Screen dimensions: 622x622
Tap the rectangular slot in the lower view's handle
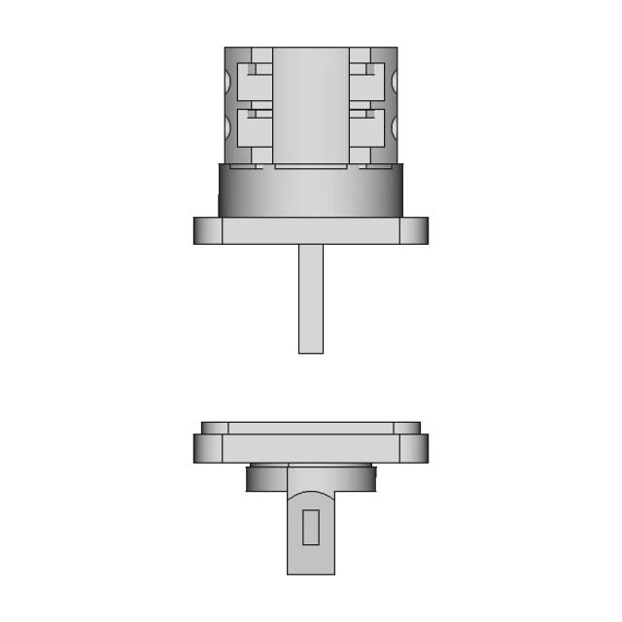(x=310, y=527)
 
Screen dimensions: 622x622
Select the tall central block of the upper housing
(x=310, y=105)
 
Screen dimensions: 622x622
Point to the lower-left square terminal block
(x=255, y=129)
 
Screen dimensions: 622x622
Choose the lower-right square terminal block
(x=366, y=129)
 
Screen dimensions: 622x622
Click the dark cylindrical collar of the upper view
(x=310, y=190)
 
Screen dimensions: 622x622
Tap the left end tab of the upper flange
(x=207, y=230)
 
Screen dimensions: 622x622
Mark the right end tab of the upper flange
(x=414, y=230)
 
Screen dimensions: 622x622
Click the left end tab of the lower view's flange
(x=207, y=448)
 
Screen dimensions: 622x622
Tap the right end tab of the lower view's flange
(x=414, y=448)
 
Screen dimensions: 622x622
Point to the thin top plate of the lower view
(x=310, y=428)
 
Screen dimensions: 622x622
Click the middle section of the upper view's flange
(x=310, y=230)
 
